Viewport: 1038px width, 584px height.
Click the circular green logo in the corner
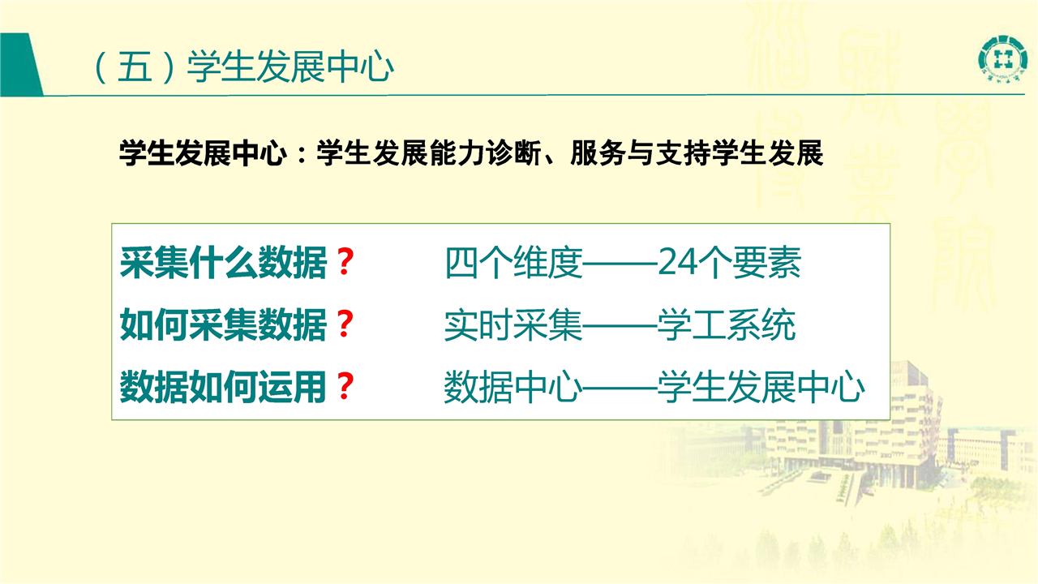1002,58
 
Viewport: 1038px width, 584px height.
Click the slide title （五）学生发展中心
242,67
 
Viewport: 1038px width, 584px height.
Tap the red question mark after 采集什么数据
345,262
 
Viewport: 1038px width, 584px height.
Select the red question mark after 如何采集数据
345,324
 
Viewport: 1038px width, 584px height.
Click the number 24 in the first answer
677,262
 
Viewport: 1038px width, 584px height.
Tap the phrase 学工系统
726,325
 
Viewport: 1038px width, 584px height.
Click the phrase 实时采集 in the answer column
513,325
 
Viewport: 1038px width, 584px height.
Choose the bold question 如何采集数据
223,324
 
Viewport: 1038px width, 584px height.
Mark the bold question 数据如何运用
223,387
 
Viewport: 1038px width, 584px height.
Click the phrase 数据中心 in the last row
513,387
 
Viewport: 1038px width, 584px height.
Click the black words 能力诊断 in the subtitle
485,153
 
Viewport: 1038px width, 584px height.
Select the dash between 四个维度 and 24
620,264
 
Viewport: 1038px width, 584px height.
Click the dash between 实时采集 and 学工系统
620,326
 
